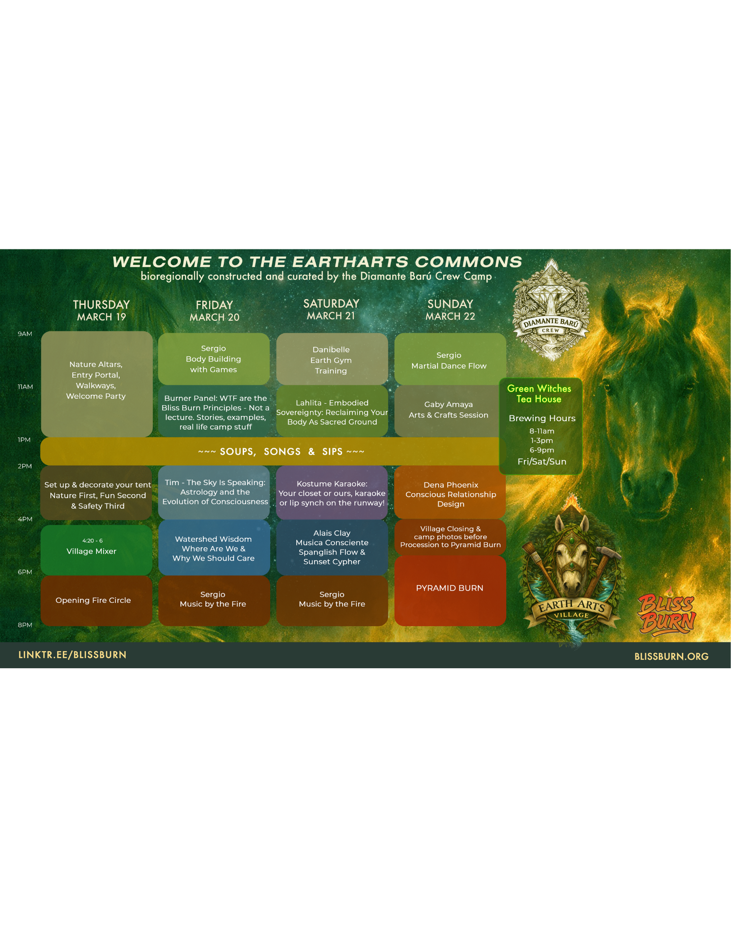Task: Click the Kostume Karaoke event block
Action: click(332, 493)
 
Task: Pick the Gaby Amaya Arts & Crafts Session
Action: click(449, 410)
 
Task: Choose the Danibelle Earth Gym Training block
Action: click(332, 360)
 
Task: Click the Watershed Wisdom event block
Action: click(214, 548)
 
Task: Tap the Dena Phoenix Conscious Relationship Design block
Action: click(450, 494)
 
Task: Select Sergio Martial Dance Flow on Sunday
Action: click(449, 360)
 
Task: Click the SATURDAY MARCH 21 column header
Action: click(331, 309)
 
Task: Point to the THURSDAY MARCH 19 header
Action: click(101, 310)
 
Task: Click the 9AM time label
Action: click(25, 334)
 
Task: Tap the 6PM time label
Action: click(25, 572)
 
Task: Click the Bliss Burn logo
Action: click(667, 613)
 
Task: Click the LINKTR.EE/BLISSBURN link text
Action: click(72, 655)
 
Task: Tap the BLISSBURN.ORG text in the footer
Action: click(671, 656)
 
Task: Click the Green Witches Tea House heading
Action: click(539, 394)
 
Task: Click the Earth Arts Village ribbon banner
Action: click(572, 609)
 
